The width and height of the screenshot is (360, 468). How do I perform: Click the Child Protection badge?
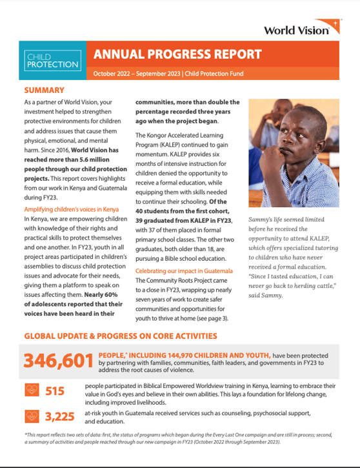tap(52, 61)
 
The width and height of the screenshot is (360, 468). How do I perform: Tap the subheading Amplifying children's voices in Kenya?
tap(71, 210)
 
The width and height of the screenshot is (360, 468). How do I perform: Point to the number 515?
tap(55, 391)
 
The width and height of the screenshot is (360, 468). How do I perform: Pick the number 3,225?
tap(61, 416)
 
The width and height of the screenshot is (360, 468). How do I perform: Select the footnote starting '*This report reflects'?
tap(179, 437)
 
